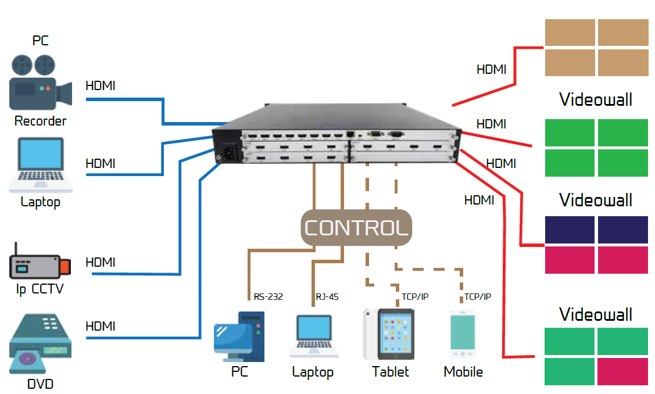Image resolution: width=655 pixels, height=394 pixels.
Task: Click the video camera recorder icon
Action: [41, 83]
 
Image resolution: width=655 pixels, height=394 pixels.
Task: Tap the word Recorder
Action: [41, 121]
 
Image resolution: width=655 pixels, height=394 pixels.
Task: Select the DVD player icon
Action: [40, 343]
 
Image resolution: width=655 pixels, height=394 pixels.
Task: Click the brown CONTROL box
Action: [356, 228]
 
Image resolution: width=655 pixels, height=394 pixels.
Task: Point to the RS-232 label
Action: [268, 296]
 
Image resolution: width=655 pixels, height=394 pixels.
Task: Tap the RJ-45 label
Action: [327, 296]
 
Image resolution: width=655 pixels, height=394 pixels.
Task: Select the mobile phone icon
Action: [463, 334]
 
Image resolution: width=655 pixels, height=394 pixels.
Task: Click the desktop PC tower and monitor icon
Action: [239, 336]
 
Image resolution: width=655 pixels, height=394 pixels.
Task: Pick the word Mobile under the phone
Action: [463, 372]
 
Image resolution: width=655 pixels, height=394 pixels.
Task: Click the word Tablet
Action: [390, 372]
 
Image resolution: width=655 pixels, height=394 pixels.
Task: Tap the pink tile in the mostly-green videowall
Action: [622, 371]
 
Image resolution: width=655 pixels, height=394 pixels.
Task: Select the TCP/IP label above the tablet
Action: [415, 296]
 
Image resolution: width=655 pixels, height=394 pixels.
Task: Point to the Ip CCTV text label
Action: [40, 289]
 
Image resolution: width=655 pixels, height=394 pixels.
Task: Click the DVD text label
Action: [40, 384]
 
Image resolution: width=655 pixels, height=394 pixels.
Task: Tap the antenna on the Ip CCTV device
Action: [16, 249]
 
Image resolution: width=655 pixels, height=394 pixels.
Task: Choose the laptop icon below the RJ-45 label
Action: [314, 336]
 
